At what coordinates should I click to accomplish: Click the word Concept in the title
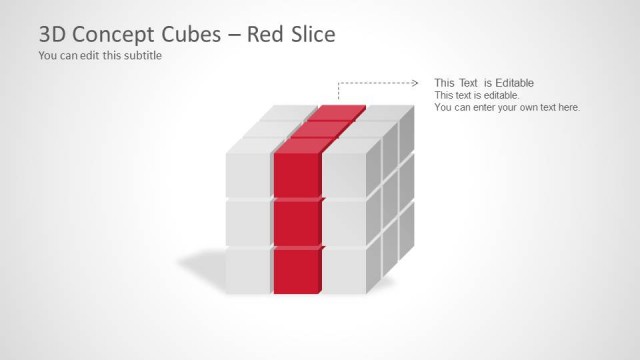coord(118,34)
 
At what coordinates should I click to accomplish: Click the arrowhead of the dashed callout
coord(414,83)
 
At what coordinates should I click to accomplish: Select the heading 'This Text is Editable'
coord(484,82)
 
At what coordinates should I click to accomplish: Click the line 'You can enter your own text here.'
coord(507,107)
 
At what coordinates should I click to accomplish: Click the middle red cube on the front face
coord(296,222)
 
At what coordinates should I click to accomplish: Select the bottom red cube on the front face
coord(296,270)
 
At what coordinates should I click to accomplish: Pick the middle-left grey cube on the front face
coord(248,222)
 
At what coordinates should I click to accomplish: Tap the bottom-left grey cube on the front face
coord(248,270)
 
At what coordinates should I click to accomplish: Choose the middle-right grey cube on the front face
coord(345,222)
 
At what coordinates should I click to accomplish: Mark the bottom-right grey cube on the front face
coord(345,270)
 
